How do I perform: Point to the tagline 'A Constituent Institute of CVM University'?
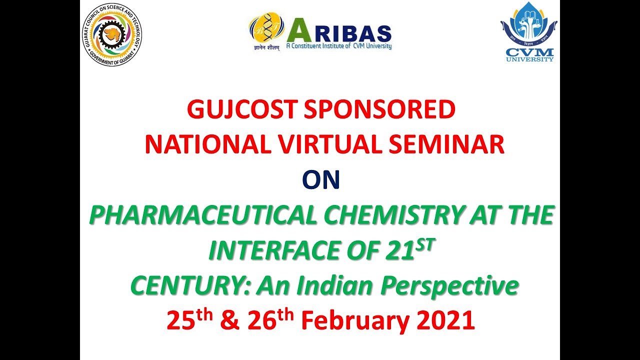pos(338,46)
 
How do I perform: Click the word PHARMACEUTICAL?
pos(203,216)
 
